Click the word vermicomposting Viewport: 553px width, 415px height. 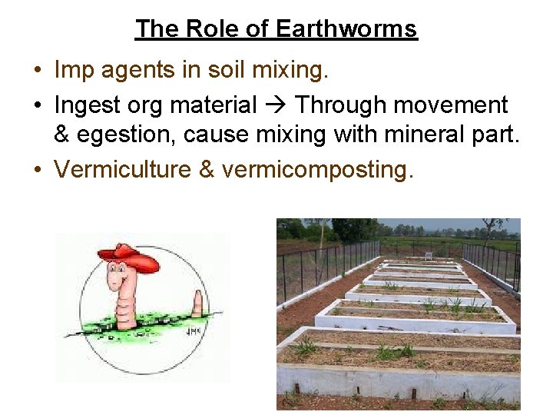(x=318, y=170)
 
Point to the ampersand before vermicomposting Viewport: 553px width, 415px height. (x=206, y=169)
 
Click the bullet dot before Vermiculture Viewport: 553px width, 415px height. (x=37, y=170)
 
